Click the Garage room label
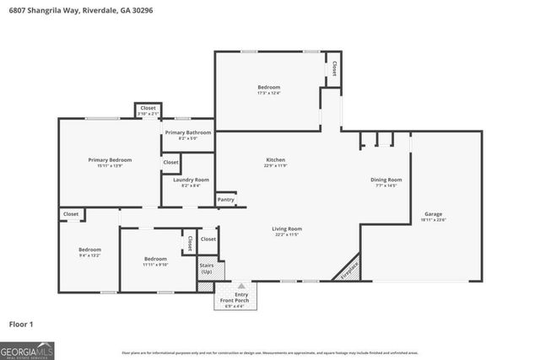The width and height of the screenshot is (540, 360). (433, 214)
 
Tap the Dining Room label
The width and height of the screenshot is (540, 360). (386, 180)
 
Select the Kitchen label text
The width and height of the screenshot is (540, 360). (275, 159)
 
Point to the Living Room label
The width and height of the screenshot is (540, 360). (286, 228)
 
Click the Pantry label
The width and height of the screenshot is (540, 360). (225, 200)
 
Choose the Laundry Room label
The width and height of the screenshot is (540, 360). (191, 180)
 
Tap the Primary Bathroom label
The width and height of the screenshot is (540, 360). (188, 132)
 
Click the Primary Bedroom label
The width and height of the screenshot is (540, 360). (110, 159)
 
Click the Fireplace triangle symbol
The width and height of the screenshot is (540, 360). (349, 269)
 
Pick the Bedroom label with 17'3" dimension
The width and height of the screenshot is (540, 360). (268, 87)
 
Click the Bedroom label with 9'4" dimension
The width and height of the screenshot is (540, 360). (89, 250)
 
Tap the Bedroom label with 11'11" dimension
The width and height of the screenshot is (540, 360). (155, 259)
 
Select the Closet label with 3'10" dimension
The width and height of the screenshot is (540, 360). (148, 108)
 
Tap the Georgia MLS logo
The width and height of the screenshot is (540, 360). (28, 347)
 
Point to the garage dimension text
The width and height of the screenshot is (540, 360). (433, 219)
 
